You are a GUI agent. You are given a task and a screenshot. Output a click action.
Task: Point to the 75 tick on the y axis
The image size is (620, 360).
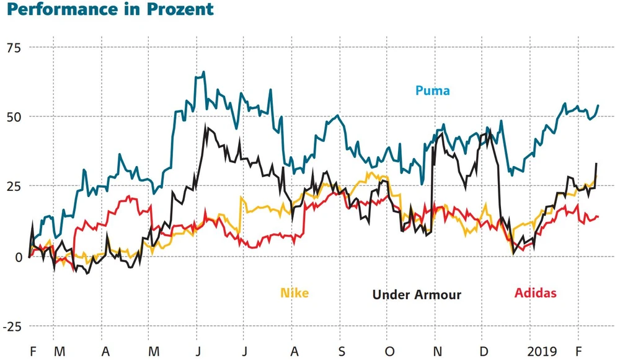pyautogui.click(x=14, y=48)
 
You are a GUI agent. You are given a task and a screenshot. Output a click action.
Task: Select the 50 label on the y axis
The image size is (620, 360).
pyautogui.click(x=14, y=117)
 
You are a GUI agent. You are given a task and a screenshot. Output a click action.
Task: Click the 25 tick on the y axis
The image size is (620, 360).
pyautogui.click(x=14, y=187)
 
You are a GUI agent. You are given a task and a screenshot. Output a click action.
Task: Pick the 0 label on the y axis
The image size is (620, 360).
pyautogui.click(x=18, y=257)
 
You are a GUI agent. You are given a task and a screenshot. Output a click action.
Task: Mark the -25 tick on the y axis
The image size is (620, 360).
pyautogui.click(x=12, y=326)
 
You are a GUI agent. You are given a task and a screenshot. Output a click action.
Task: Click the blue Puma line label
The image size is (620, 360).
pyautogui.click(x=432, y=91)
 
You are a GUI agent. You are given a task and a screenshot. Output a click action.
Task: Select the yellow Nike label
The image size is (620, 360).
pyautogui.click(x=294, y=293)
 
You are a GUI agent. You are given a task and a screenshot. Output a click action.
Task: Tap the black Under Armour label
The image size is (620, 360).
pyautogui.click(x=417, y=294)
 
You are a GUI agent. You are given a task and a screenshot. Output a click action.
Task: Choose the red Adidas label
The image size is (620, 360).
pyautogui.click(x=536, y=293)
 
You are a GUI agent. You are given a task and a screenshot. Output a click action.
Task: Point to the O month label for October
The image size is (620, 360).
pyautogui.click(x=389, y=352)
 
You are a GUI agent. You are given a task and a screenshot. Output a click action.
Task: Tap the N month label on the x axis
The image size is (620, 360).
pyautogui.click(x=438, y=352)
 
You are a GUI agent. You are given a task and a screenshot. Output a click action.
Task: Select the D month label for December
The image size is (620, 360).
pyautogui.click(x=485, y=352)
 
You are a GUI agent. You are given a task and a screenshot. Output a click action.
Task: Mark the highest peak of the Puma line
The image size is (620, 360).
pyautogui.click(x=204, y=72)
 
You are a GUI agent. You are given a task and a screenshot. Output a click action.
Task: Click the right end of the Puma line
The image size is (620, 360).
pyautogui.click(x=598, y=105)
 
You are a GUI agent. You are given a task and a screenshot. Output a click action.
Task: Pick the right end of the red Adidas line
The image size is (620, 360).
pyautogui.click(x=598, y=216)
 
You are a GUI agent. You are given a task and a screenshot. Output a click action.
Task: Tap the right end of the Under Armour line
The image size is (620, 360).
pyautogui.click(x=596, y=164)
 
